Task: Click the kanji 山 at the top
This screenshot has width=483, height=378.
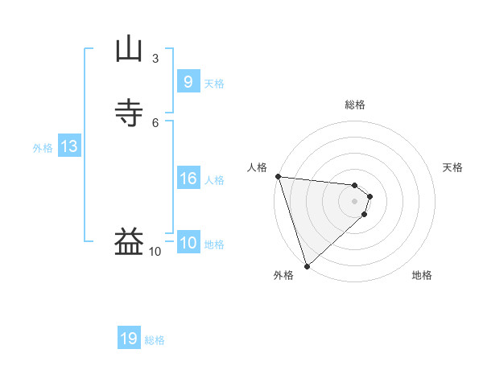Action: point(129,49)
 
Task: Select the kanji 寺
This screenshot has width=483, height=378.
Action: point(129,113)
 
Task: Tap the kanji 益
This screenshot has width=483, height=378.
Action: point(129,241)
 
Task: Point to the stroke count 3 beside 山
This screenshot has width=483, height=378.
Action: point(155,59)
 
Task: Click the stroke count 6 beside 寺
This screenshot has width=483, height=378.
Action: point(155,122)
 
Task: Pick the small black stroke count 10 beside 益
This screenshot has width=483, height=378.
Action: point(155,252)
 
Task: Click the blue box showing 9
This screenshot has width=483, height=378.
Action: point(188,81)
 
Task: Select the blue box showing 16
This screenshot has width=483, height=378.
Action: point(188,179)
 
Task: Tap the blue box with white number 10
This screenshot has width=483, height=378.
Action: point(188,243)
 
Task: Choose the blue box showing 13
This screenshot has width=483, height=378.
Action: point(69,146)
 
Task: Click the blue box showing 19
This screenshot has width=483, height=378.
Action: point(129,339)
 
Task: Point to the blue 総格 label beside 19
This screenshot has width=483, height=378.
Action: point(155,340)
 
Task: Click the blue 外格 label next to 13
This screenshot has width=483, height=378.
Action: point(43,148)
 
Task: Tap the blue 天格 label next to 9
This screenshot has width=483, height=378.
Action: point(214,84)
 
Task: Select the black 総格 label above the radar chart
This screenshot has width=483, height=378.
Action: point(355,105)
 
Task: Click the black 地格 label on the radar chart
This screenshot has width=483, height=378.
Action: point(422,275)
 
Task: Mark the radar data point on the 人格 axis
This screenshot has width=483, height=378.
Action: point(278,176)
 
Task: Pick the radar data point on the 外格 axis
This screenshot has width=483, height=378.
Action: point(307,265)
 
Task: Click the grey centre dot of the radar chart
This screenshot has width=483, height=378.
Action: point(355,200)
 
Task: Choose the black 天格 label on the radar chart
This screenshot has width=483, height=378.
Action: point(452,167)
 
